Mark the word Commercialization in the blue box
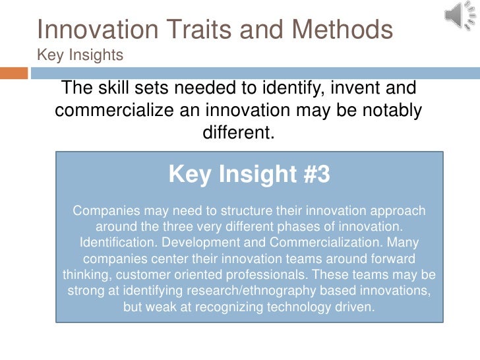pos(324,243)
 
